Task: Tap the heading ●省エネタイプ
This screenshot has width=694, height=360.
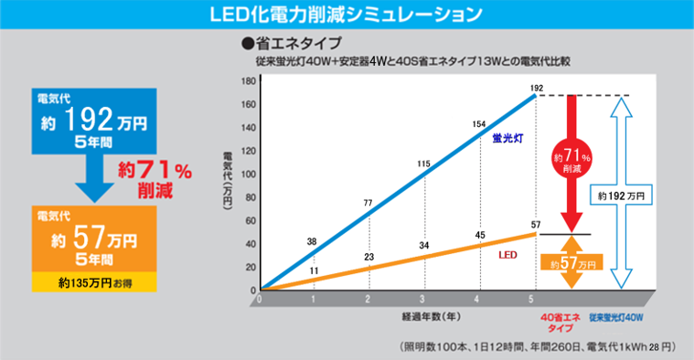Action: (290, 43)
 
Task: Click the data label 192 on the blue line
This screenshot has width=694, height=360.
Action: (538, 88)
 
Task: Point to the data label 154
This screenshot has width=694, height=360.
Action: (478, 123)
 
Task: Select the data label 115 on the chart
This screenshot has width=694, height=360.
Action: (423, 164)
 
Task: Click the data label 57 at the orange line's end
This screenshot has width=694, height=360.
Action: (537, 224)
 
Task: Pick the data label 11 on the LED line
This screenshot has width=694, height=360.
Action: (314, 271)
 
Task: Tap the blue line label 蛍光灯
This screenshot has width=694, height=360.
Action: (506, 137)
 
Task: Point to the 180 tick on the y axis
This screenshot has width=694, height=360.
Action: (247, 81)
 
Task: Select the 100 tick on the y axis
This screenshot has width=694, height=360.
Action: (247, 175)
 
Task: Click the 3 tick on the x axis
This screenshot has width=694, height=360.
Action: (422, 300)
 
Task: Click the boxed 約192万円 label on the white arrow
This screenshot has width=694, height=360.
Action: (621, 196)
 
